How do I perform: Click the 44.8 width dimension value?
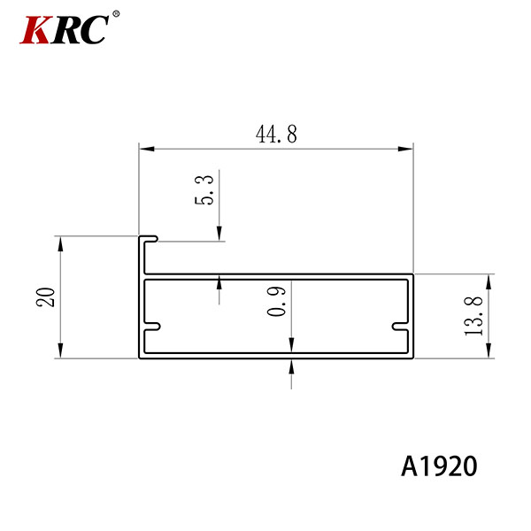pos(276,135)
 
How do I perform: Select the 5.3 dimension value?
pos(204,189)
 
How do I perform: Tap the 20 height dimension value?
pos(45,297)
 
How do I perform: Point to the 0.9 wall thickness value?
pos(276,301)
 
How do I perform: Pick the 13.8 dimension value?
pos(473,316)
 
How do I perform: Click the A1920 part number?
pos(439,466)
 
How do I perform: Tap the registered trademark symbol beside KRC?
pos(116,14)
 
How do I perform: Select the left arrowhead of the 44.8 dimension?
pos(147,149)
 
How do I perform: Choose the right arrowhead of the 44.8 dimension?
pos(405,149)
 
